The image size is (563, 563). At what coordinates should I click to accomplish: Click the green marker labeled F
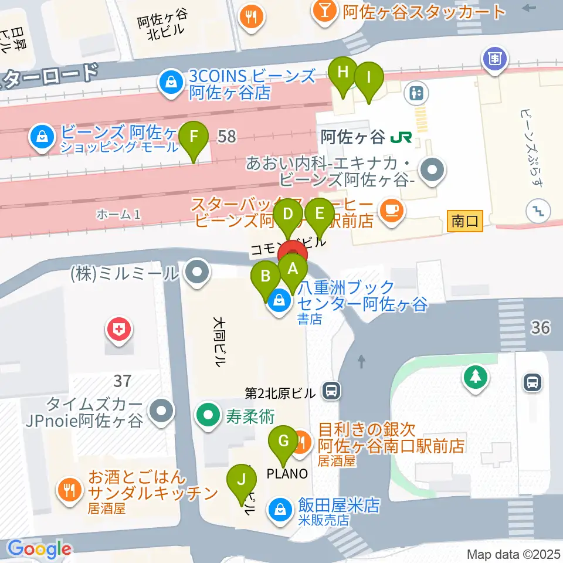point(195,138)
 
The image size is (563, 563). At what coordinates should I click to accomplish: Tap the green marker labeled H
point(342,73)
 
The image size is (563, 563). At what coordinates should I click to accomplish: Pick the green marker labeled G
point(283,441)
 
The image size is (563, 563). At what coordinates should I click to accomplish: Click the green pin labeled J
point(241,479)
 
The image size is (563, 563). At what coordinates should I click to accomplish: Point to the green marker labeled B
point(266,276)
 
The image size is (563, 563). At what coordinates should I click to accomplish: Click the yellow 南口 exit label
point(465,222)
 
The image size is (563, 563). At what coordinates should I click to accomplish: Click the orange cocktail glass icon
point(323,10)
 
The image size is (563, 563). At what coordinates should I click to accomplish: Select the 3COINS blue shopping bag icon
point(170,83)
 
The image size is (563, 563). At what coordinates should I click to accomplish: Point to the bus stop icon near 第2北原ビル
point(332,390)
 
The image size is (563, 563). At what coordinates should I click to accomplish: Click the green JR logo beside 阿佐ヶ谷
point(401,137)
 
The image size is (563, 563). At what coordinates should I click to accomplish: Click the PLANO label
point(287,473)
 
